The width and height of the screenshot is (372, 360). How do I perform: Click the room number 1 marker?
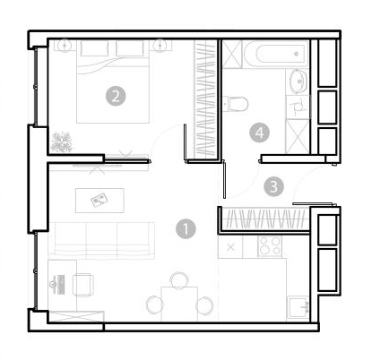pyautogui.click(x=186, y=229)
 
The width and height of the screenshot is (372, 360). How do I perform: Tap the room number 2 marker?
pyautogui.click(x=116, y=96)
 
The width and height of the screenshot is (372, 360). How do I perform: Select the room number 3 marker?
pyautogui.click(x=273, y=186)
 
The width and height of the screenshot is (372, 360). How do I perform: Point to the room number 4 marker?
pyautogui.click(x=259, y=133)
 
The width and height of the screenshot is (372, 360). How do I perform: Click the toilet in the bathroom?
pyautogui.click(x=236, y=104)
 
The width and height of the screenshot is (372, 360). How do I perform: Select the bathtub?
pyautogui.click(x=275, y=54)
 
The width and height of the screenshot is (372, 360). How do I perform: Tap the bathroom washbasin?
pyautogui.click(x=298, y=81)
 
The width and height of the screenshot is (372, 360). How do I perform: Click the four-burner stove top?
pyautogui.click(x=270, y=246)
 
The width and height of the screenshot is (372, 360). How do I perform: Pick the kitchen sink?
pyautogui.click(x=298, y=307)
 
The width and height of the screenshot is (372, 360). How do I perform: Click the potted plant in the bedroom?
pyautogui.click(x=62, y=141)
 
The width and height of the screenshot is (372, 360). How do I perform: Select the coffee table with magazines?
pyautogui.click(x=99, y=201)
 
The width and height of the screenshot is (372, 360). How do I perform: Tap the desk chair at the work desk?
pyautogui.click(x=83, y=285)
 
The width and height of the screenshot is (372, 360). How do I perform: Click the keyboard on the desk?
pyautogui.click(x=62, y=285)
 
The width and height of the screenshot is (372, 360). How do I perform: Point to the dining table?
pyautogui.click(x=179, y=304)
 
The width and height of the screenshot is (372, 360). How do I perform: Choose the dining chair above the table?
pyautogui.click(x=179, y=279)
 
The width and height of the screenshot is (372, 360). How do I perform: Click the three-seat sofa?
pyautogui.click(x=101, y=241)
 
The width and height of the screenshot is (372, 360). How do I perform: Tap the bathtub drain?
pyautogui.click(x=297, y=54)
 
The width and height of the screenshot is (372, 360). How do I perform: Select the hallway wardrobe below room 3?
pyautogui.click(x=265, y=219)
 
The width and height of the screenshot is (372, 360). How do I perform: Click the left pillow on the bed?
pyautogui.click(x=94, y=48)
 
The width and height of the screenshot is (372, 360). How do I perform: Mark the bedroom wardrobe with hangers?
pyautogui.click(x=205, y=99)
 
